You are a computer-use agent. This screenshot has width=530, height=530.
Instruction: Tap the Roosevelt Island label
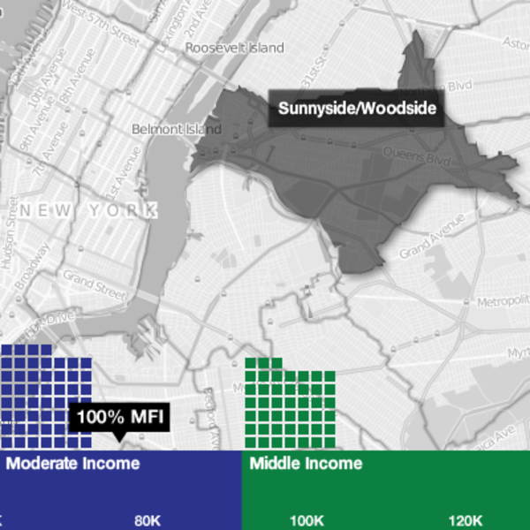click(x=235, y=48)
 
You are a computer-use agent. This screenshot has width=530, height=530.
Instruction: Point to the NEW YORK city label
click(x=88, y=211)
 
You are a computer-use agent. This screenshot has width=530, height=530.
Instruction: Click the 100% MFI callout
click(x=120, y=417)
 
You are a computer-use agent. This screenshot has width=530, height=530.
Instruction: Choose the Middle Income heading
click(x=306, y=463)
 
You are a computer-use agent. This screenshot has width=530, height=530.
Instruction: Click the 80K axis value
click(x=147, y=520)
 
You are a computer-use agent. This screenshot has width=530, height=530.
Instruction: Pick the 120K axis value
click(x=465, y=520)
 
